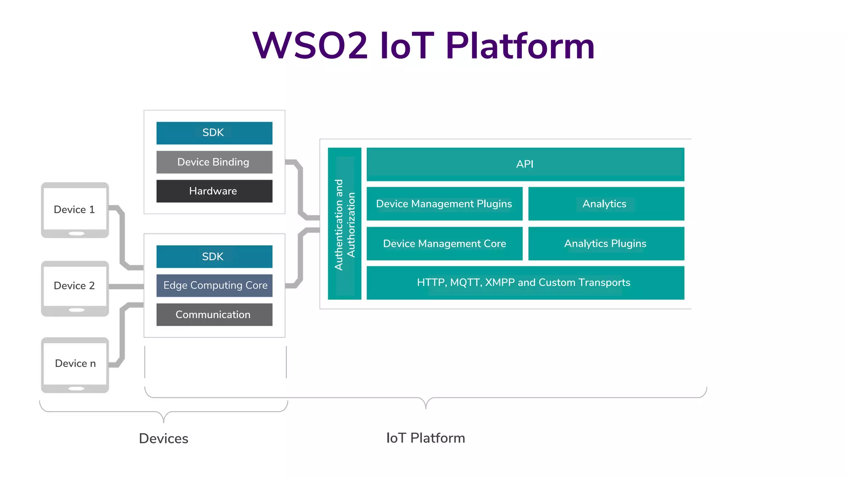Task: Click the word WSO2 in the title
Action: tap(310, 46)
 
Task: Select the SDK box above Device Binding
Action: tap(214, 133)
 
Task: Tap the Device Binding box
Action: tap(214, 162)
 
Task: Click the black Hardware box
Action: tap(214, 191)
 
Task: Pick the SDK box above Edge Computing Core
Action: tap(214, 256)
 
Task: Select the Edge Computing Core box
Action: tap(214, 285)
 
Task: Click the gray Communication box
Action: tap(214, 314)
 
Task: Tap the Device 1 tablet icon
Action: tap(75, 210)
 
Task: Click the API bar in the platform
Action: tap(525, 164)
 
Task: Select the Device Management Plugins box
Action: tap(444, 204)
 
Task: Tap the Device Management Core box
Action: tap(444, 243)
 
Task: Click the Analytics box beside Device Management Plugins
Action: tap(606, 204)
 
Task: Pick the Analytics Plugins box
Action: tap(606, 243)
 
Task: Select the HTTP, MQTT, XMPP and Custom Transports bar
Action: tap(525, 283)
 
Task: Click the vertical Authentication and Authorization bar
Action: tap(345, 224)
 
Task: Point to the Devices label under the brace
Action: tap(163, 438)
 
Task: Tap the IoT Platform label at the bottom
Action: tap(426, 438)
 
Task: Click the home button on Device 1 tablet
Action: tap(77, 234)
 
